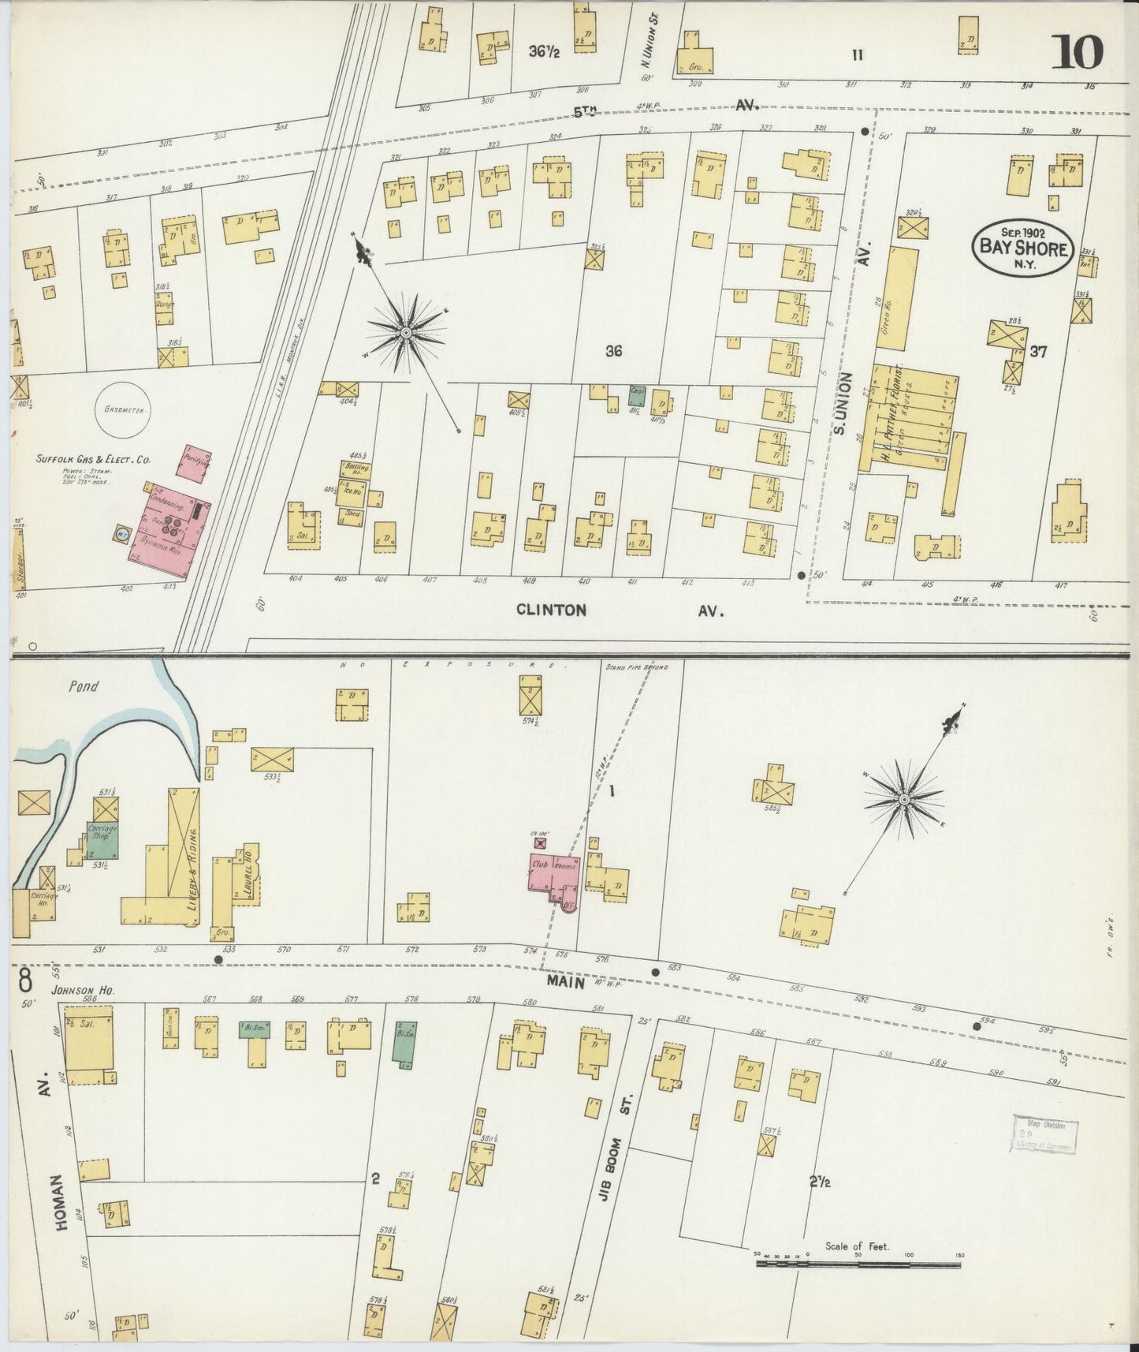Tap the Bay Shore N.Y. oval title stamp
[x=1023, y=248]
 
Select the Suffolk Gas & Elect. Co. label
[x=93, y=459]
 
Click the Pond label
[x=83, y=686]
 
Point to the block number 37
[x=1038, y=352]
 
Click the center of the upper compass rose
[x=405, y=333]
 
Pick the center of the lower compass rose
[x=905, y=800]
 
